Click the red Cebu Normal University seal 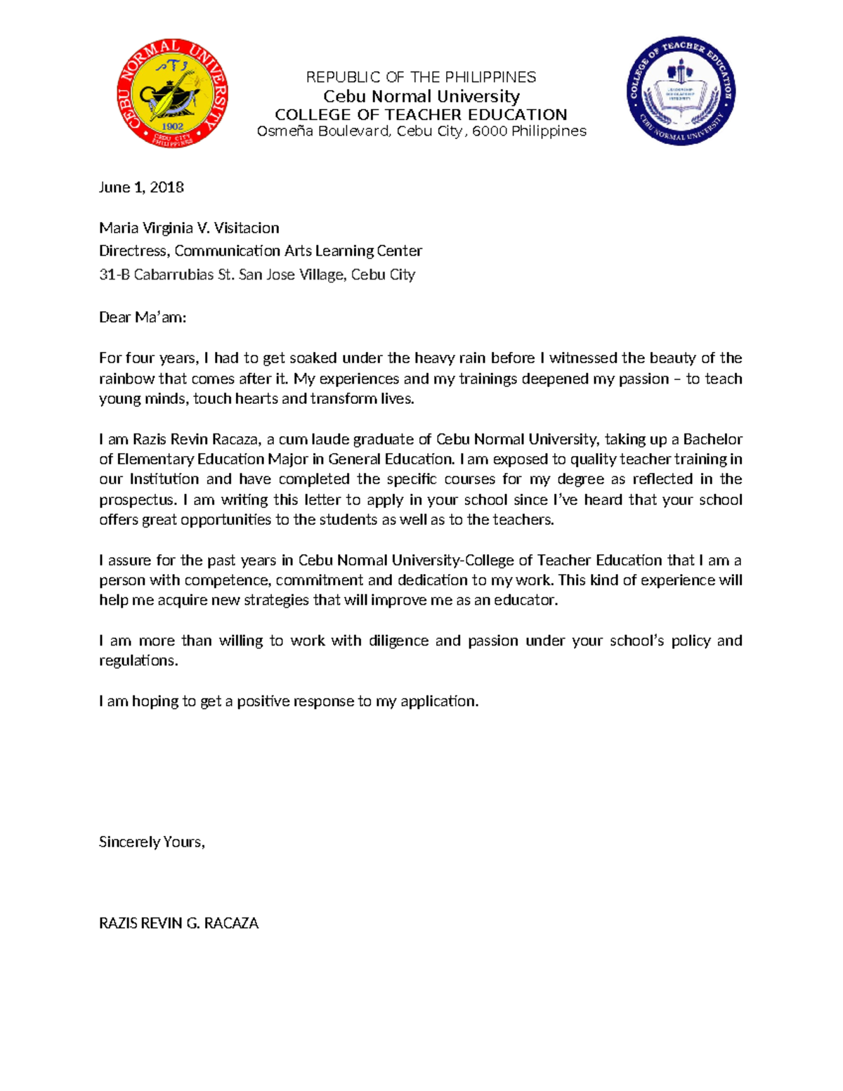pyautogui.click(x=172, y=93)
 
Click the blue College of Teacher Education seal pyautogui.click(x=681, y=91)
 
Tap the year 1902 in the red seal pyautogui.click(x=173, y=127)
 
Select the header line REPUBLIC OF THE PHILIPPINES pyautogui.click(x=421, y=77)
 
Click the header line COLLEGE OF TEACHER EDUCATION pyautogui.click(x=421, y=115)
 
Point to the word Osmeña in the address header pyautogui.click(x=285, y=131)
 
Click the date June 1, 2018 pyautogui.click(x=141, y=187)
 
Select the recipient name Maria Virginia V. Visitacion pyautogui.click(x=189, y=228)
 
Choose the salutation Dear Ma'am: pyautogui.click(x=143, y=318)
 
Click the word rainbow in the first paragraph pyautogui.click(x=126, y=379)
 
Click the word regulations pyautogui.click(x=138, y=661)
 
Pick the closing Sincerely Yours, pyautogui.click(x=152, y=842)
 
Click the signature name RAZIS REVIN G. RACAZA pyautogui.click(x=178, y=923)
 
